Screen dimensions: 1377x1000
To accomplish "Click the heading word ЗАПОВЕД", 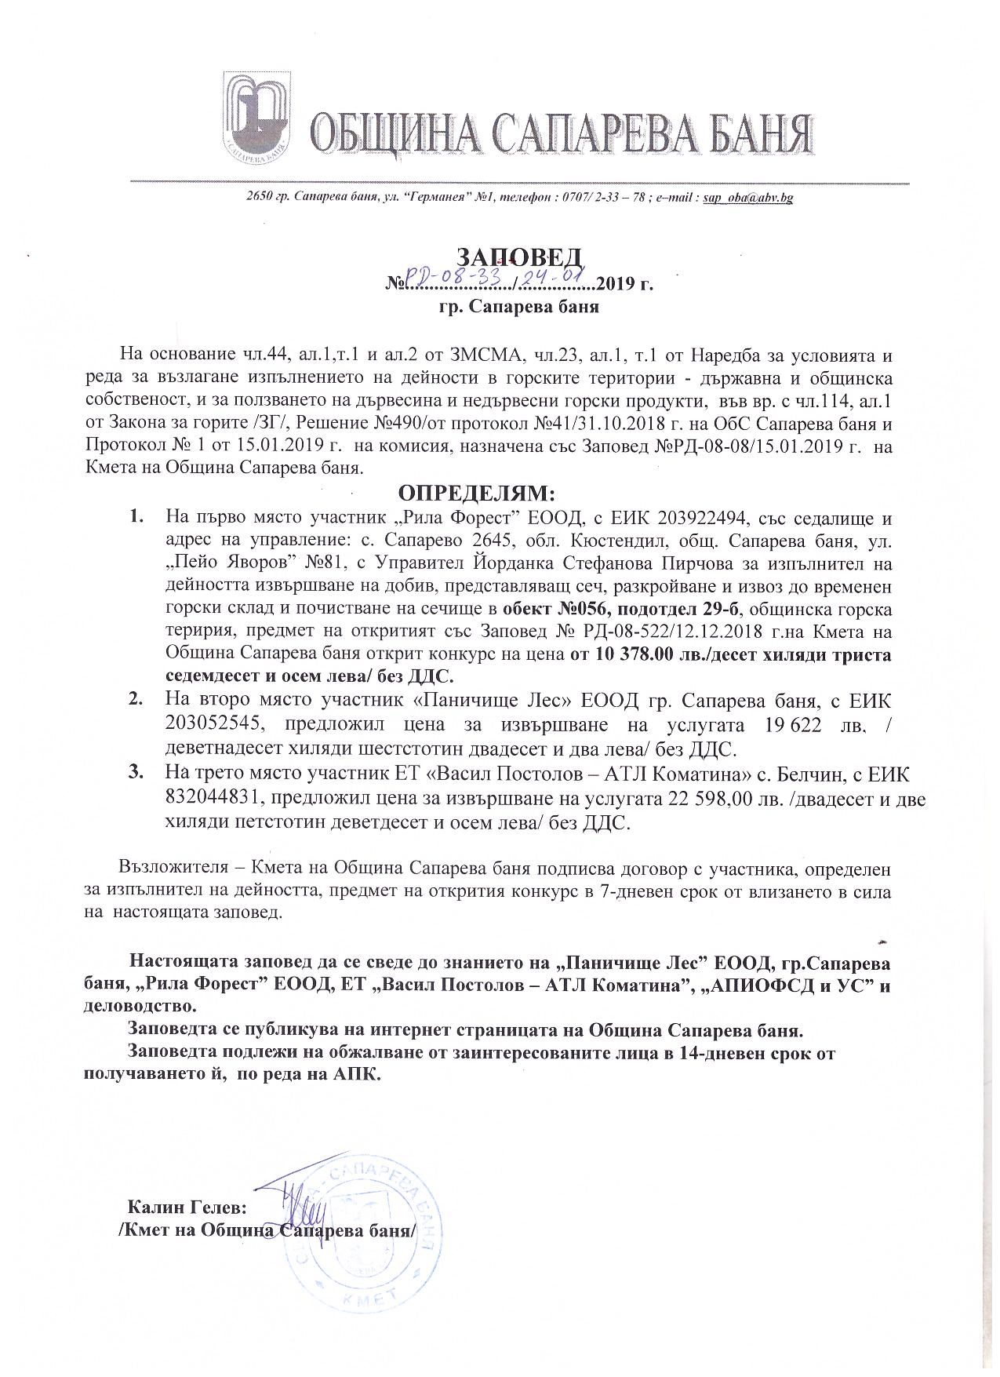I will pyautogui.click(x=519, y=257).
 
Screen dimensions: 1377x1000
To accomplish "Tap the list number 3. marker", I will pyautogui.click(x=135, y=773).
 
